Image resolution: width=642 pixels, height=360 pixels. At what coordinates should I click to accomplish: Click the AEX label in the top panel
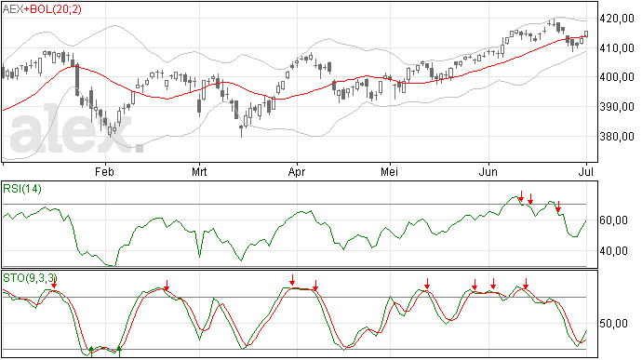(x=13, y=9)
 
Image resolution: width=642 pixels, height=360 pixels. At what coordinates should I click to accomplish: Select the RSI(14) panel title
(x=22, y=189)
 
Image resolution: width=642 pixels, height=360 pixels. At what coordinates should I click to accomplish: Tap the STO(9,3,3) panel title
(x=30, y=278)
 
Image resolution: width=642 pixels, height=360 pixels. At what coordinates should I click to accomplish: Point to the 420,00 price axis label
(x=617, y=19)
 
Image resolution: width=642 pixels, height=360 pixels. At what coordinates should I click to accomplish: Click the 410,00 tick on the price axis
(x=617, y=48)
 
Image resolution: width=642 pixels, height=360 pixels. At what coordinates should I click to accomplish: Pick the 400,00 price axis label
(x=617, y=77)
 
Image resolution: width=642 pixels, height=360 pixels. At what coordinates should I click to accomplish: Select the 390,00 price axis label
(x=617, y=107)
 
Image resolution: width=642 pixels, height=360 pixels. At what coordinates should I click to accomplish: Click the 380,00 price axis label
(x=617, y=137)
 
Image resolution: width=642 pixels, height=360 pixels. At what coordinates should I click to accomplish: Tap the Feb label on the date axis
(x=104, y=171)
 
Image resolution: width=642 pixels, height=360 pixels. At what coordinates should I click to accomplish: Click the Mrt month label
(x=199, y=171)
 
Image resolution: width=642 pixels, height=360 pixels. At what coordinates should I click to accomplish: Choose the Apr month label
(x=297, y=172)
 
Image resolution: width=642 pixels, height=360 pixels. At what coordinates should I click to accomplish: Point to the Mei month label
(x=389, y=171)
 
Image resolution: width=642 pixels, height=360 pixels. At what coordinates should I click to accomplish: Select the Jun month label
(x=488, y=171)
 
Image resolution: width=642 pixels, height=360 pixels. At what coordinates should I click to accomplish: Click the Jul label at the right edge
(x=586, y=171)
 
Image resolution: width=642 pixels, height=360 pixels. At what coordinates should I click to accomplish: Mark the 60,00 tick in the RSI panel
(x=613, y=220)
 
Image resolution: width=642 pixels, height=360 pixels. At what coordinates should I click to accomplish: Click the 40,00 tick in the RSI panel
(x=613, y=250)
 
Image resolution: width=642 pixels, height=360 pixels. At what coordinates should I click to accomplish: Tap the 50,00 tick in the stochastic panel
(x=613, y=324)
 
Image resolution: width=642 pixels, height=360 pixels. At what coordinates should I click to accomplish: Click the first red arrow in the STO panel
(x=54, y=282)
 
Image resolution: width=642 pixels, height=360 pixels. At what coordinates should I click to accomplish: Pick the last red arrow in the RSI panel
(x=558, y=207)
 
